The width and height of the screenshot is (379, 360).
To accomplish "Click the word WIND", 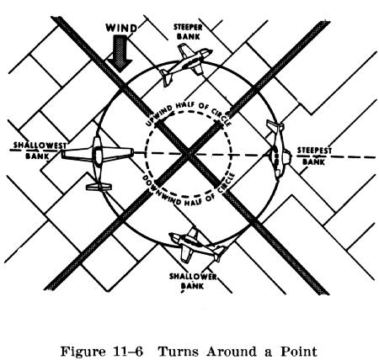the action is coord(121,29).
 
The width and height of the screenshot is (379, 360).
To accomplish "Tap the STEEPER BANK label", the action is coord(188,32).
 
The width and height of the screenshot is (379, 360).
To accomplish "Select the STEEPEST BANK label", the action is coord(314,156).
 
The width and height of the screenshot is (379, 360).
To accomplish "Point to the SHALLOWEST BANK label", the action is coord(40,150).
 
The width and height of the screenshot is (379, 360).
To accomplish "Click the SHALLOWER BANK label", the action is coord(193,281).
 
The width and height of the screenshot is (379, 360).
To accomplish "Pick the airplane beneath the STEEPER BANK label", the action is coord(185,64).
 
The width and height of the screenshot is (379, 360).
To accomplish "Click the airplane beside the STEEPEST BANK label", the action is coord(278,151).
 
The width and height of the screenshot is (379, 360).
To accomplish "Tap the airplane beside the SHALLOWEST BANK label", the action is coord(98,162).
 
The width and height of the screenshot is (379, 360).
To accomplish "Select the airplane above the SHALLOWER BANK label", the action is coord(196,245).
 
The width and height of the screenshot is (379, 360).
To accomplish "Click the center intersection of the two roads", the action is coord(188,154).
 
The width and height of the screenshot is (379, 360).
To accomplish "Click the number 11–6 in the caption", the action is coord(127,351).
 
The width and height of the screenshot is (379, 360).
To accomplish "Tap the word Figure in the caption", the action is coord(83,352).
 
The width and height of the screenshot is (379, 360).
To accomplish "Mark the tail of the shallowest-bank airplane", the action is coord(99,187).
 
